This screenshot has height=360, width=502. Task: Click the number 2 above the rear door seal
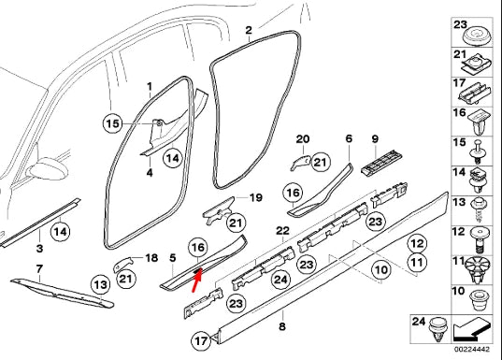click(x=249, y=31)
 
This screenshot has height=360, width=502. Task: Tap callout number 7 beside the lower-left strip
click(x=38, y=269)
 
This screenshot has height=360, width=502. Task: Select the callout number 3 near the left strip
click(x=39, y=249)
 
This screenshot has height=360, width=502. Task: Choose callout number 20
click(x=301, y=139)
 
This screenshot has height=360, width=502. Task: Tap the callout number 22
click(x=281, y=230)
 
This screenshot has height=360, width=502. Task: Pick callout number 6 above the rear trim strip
click(x=348, y=139)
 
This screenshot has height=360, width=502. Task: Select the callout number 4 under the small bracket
click(x=149, y=172)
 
